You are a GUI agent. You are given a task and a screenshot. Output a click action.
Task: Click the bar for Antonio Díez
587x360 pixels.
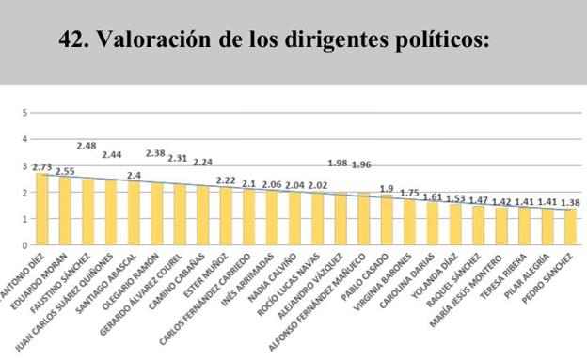tap(42, 210)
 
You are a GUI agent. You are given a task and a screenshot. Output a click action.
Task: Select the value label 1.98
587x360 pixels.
tap(337, 164)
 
